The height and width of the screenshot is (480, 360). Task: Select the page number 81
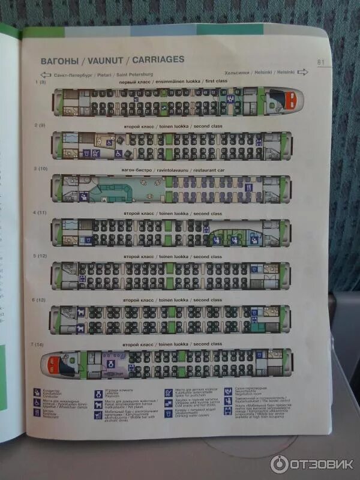[x=320, y=61]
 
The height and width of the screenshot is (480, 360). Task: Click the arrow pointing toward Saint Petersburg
[x=46, y=76]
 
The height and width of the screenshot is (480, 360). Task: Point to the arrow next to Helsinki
[x=303, y=72]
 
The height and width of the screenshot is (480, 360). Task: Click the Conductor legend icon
[x=38, y=392]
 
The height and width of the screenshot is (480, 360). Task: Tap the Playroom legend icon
[x=98, y=392]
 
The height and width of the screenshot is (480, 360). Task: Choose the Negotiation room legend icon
[x=228, y=391]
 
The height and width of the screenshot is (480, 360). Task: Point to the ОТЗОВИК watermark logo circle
[x=280, y=463]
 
